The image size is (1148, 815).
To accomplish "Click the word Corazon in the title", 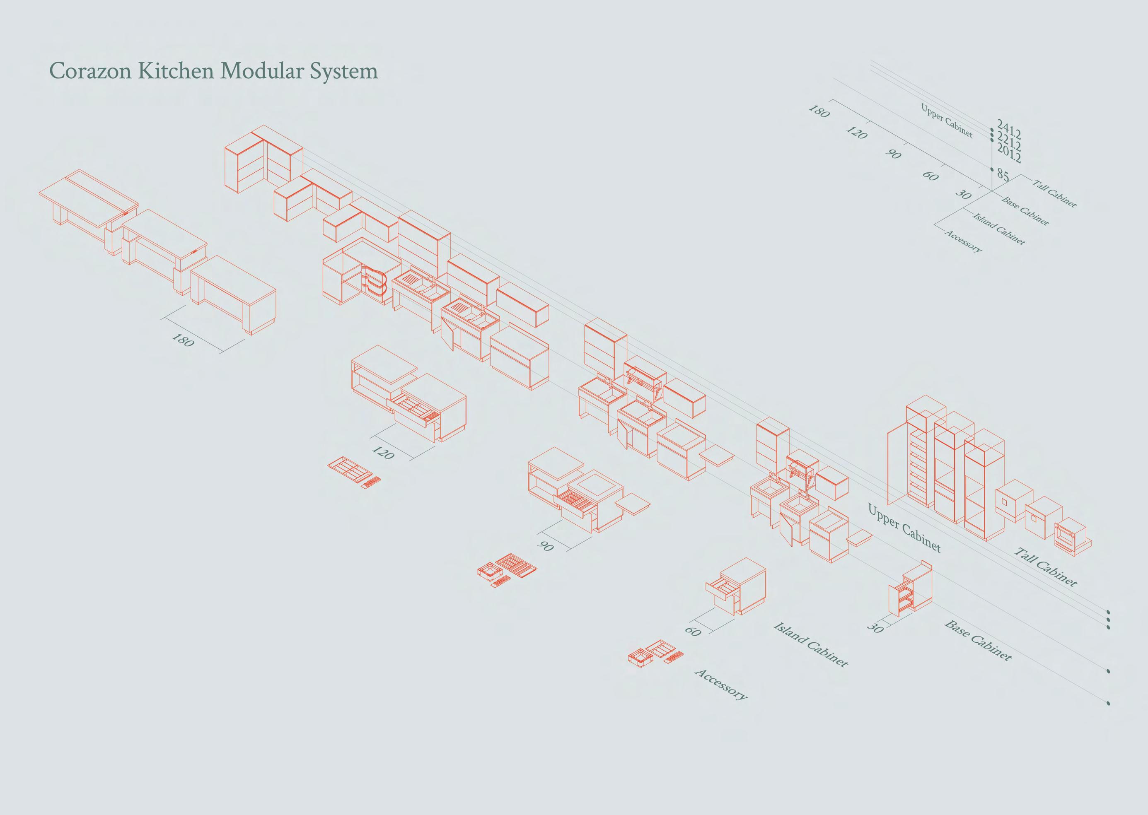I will click(x=91, y=71).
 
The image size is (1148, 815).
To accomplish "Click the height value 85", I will click(x=1003, y=175).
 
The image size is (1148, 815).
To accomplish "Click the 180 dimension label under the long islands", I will click(x=183, y=340).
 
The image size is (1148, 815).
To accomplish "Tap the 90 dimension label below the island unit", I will click(x=545, y=545).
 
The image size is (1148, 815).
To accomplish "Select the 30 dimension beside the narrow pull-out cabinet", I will click(x=875, y=628).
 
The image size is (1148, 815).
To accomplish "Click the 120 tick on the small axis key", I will click(x=856, y=133).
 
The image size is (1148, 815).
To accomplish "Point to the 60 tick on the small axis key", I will click(x=930, y=176).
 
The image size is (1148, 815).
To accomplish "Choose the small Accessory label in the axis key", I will click(x=963, y=241).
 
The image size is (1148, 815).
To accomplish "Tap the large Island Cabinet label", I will click(x=811, y=644).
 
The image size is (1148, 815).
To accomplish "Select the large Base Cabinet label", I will click(x=978, y=640).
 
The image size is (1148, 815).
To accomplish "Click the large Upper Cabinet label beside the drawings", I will click(x=904, y=528).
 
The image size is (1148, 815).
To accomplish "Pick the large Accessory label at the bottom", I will click(x=721, y=684).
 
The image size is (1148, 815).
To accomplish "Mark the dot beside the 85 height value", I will click(x=992, y=170).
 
